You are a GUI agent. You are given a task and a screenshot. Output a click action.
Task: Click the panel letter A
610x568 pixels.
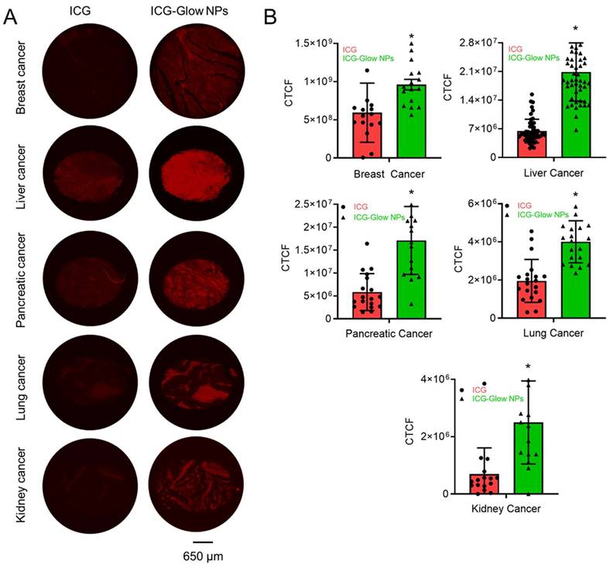pos(11,18)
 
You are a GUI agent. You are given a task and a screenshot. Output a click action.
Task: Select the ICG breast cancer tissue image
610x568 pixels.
pos(81,67)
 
